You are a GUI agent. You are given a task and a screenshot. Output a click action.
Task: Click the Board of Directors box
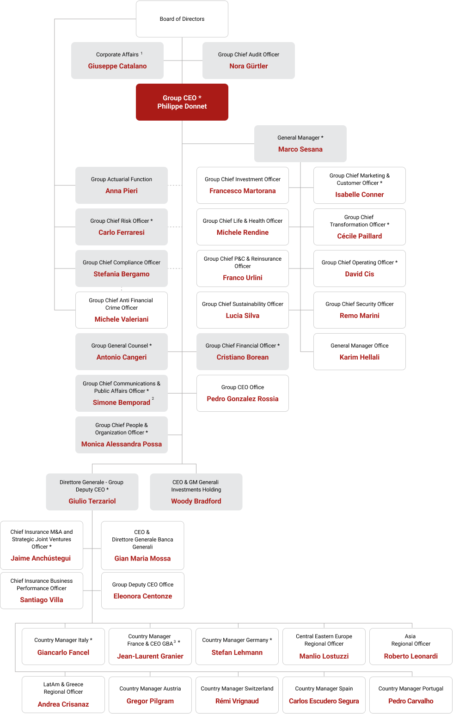pyautogui.click(x=182, y=19)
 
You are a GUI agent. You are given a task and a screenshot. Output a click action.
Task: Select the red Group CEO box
pyautogui.click(x=182, y=102)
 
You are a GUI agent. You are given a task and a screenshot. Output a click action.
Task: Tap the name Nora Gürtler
pyautogui.click(x=249, y=66)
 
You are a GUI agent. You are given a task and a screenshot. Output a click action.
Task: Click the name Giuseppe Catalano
pyautogui.click(x=117, y=66)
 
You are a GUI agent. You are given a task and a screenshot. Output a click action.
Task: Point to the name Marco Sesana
pyautogui.click(x=300, y=149)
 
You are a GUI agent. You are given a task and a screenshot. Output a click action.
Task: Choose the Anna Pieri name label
pyautogui.click(x=122, y=191)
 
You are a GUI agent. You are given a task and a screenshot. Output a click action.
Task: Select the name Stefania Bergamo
pyautogui.click(x=122, y=274)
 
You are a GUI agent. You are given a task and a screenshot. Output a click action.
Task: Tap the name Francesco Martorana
pyautogui.click(x=243, y=191)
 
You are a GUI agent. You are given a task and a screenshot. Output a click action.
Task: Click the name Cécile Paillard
pyautogui.click(x=360, y=236)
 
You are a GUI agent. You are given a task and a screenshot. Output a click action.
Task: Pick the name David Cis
pyautogui.click(x=360, y=274)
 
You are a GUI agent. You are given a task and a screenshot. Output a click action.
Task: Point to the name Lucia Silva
pyautogui.click(x=243, y=316)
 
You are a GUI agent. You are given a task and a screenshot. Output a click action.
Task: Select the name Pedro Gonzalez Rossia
pyautogui.click(x=243, y=399)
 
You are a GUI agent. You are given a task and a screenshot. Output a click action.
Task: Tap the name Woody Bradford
pyautogui.click(x=196, y=501)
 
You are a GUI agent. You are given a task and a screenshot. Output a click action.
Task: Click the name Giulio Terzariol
pyautogui.click(x=92, y=501)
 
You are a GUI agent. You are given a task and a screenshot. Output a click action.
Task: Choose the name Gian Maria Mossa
pyautogui.click(x=142, y=558)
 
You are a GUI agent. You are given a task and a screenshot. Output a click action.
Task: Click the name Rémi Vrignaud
pyautogui.click(x=237, y=701)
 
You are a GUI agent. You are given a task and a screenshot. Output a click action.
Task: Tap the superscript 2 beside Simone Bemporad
pyautogui.click(x=153, y=398)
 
